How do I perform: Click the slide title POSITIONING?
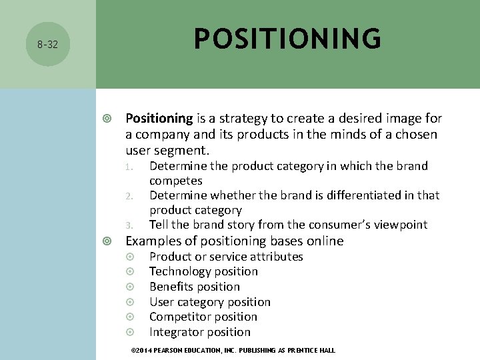(x=287, y=39)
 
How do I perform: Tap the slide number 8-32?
(x=47, y=45)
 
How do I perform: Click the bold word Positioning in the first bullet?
(x=159, y=119)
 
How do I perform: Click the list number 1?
(x=131, y=167)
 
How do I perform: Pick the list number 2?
(x=131, y=196)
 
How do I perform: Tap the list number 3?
(x=131, y=225)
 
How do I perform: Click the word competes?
(x=176, y=181)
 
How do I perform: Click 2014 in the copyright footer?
(x=145, y=351)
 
